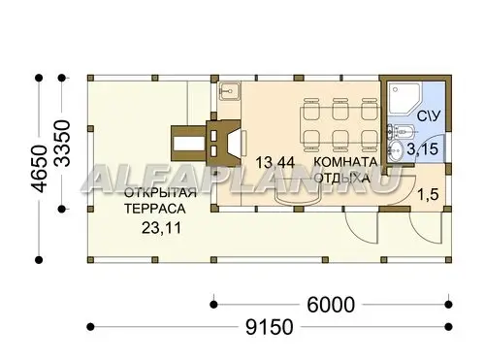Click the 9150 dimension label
point(270,327)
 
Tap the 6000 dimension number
point(331,305)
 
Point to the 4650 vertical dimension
point(40,169)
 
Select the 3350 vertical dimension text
point(62,144)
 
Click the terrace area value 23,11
point(162,228)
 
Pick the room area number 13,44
point(275,162)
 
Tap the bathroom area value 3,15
point(423,149)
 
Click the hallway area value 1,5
point(428,195)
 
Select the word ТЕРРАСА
point(155,209)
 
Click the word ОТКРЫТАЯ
point(160,193)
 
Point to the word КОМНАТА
point(345,162)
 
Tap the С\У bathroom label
point(429,116)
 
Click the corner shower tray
point(405,99)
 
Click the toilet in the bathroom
point(400,132)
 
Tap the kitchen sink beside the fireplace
point(229,90)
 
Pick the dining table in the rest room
point(339,125)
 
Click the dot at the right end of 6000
point(448,305)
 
